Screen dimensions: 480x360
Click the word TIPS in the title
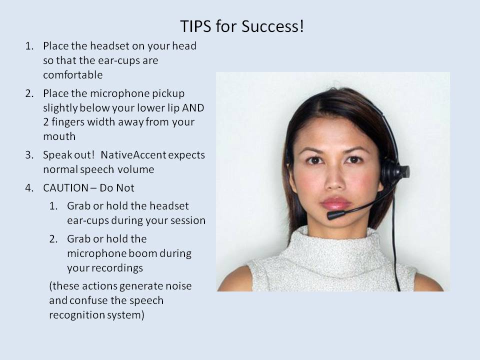coord(195,26)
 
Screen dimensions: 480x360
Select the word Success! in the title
coord(272,26)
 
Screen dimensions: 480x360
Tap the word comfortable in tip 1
coord(73,75)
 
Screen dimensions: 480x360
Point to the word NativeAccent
coord(133,155)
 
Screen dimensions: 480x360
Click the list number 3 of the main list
coord(29,155)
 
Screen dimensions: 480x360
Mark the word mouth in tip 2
coord(59,136)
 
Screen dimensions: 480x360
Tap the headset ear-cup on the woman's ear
coord(394,172)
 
